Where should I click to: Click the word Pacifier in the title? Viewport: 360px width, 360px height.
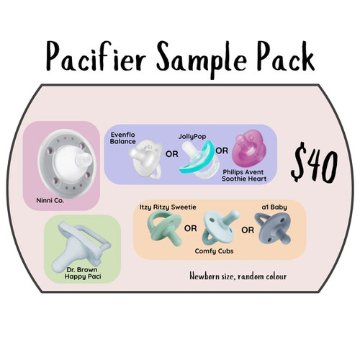[x=96, y=56]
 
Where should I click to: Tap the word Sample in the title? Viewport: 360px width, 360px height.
[x=202, y=59]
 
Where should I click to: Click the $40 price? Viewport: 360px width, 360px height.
[x=314, y=163]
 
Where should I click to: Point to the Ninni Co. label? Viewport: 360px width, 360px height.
[x=50, y=200]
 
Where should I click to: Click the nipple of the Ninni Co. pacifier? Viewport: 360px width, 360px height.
[x=84, y=159]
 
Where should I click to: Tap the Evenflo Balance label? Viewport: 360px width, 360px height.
[x=122, y=138]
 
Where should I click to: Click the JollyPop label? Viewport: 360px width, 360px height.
[x=192, y=137]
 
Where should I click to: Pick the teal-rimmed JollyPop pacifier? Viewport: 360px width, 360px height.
[x=199, y=158]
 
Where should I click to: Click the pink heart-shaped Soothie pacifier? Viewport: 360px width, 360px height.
[x=248, y=149]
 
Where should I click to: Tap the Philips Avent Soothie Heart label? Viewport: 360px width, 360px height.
[x=244, y=176]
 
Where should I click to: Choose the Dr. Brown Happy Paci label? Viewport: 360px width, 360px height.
[x=83, y=273]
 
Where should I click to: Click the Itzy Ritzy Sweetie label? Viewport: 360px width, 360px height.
[x=168, y=207]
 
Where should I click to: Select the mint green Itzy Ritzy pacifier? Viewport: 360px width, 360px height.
[x=164, y=228]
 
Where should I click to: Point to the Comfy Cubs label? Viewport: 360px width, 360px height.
[x=214, y=251]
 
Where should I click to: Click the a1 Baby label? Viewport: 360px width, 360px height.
[x=274, y=207]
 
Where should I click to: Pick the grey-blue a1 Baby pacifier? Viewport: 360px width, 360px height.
[x=273, y=228]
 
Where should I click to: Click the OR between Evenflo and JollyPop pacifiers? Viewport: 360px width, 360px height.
[x=172, y=154]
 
